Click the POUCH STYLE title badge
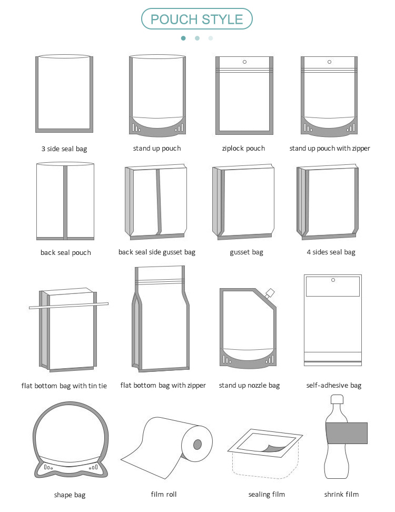(x=197, y=19)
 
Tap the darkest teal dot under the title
(x=183, y=38)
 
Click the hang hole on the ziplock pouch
(x=244, y=62)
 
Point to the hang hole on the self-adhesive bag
(x=333, y=280)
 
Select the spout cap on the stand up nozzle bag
(x=271, y=293)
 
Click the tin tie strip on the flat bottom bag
(x=68, y=306)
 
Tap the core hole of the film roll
(x=197, y=444)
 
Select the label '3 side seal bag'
(x=64, y=149)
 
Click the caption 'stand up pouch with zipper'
(x=330, y=149)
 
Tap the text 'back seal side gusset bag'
(x=157, y=252)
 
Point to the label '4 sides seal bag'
(x=331, y=252)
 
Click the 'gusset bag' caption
(x=246, y=252)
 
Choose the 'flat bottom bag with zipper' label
(x=163, y=386)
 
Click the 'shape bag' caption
(x=70, y=495)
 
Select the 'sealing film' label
(x=266, y=494)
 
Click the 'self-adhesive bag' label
(x=334, y=386)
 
